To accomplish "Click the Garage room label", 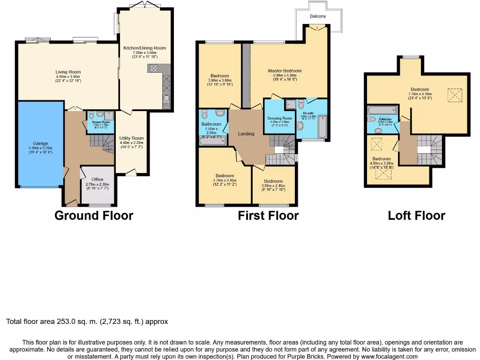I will [x=40, y=143].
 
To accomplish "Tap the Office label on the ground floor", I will [x=97, y=180].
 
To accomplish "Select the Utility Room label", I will [x=132, y=138].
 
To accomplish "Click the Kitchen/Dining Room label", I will [x=144, y=48].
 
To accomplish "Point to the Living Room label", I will [x=68, y=72].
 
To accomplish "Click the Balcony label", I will [x=318, y=16].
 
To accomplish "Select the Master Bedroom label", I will [x=285, y=71].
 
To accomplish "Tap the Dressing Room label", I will [x=280, y=118].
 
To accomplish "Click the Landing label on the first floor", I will [x=246, y=134].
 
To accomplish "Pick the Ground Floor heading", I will [x=94, y=216].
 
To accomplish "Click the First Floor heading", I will [x=268, y=216].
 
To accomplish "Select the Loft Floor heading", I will [x=416, y=216].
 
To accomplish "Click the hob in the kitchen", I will [x=154, y=69].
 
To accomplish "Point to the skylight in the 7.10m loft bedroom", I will [x=454, y=96].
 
